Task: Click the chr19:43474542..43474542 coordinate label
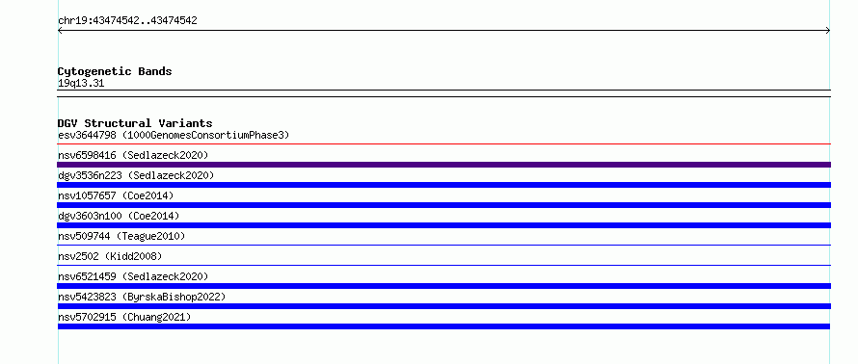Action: coord(127,21)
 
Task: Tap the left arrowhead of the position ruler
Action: coord(59,31)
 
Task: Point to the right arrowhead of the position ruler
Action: coord(828,31)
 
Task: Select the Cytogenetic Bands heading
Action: coord(115,71)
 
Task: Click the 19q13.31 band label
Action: coord(81,84)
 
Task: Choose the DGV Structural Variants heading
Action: coord(135,123)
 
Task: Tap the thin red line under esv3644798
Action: coord(443,144)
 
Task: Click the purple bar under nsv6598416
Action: coord(443,165)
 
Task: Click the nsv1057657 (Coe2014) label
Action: coord(116,195)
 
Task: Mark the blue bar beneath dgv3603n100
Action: coord(443,225)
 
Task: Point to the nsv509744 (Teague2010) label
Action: coord(121,236)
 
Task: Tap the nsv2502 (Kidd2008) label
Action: coord(110,256)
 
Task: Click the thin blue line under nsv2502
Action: coord(443,266)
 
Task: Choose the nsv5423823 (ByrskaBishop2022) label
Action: coord(142,297)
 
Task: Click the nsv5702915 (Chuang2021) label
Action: coord(124,317)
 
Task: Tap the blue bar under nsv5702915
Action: coord(443,326)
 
